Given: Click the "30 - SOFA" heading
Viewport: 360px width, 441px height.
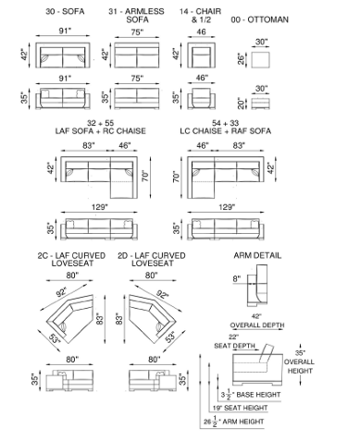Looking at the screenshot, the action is coord(65,12).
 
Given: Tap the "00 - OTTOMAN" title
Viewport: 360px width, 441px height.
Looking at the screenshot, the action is coord(260,19).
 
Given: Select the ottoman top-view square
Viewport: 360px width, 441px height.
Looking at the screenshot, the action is coord(260,59).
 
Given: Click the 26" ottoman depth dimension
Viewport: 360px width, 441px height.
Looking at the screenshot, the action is coord(241,58).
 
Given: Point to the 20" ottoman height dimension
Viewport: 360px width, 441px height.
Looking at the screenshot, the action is coord(241,104).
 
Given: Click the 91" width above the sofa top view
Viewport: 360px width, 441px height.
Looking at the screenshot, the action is coord(65,31).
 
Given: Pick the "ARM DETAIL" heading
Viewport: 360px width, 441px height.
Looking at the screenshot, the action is coord(257,255).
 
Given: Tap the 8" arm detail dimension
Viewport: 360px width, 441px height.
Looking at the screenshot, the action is coord(237,279).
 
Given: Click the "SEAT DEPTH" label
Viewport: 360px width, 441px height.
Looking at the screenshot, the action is coord(234,346).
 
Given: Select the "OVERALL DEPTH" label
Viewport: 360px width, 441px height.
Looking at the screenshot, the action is coord(257,325).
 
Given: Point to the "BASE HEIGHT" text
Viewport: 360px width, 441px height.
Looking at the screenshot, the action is coord(258,395).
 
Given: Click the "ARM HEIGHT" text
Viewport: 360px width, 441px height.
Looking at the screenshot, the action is coord(243,422).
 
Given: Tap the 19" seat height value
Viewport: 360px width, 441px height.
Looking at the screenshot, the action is coord(217,408).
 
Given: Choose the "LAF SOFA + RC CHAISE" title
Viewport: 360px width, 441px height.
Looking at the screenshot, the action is coord(100,131).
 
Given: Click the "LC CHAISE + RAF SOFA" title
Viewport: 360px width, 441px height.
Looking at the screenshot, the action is coord(226,131).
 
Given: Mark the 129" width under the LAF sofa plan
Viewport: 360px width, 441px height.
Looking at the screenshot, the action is coord(99,207).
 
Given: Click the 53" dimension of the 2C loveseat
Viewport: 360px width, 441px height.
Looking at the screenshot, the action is coord(55,338).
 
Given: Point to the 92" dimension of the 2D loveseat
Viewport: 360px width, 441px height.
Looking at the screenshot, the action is coord(163,294).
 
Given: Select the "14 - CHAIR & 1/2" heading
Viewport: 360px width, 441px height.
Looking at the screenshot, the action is coord(201,16).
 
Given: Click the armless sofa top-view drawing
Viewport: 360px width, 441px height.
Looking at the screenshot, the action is coord(137,55).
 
